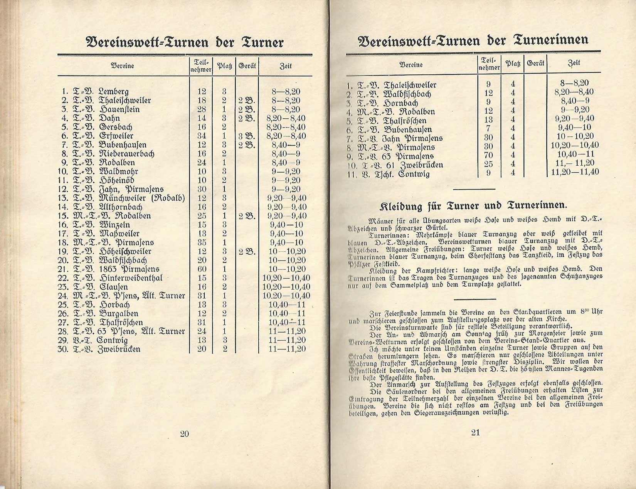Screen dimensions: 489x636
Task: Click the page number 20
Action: click(x=184, y=434)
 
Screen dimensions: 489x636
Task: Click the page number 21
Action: click(x=475, y=432)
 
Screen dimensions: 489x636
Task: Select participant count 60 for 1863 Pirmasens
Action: click(x=202, y=269)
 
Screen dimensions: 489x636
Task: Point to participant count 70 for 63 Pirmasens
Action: click(x=488, y=156)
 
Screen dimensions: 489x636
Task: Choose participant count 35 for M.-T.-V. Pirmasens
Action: click(x=202, y=242)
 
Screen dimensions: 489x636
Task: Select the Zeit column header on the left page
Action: click(x=285, y=66)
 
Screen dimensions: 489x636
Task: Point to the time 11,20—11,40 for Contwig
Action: click(x=575, y=172)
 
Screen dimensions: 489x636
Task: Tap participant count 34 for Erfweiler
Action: click(x=202, y=136)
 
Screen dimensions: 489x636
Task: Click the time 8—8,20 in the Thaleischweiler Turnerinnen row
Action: click(x=575, y=83)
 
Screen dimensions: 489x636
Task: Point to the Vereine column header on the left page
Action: click(x=123, y=66)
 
